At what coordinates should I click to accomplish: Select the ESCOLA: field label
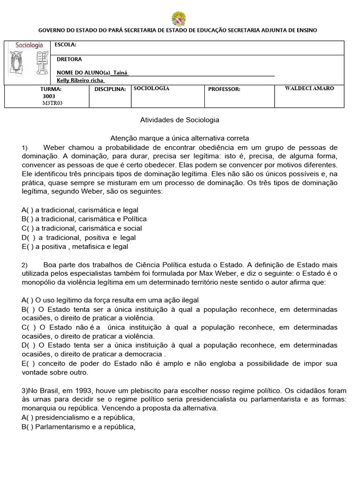click(65, 45)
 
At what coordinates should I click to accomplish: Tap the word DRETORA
click(69, 60)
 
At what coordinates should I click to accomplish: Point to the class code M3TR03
click(52, 103)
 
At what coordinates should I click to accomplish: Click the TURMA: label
click(51, 89)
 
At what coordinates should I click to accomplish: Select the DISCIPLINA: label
click(110, 89)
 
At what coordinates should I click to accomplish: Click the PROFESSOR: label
click(224, 89)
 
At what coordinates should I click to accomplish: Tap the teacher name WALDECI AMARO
click(309, 88)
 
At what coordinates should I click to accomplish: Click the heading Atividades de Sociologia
click(180, 120)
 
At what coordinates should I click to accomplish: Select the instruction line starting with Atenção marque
click(180, 138)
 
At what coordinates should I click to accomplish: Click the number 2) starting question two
click(25, 265)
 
